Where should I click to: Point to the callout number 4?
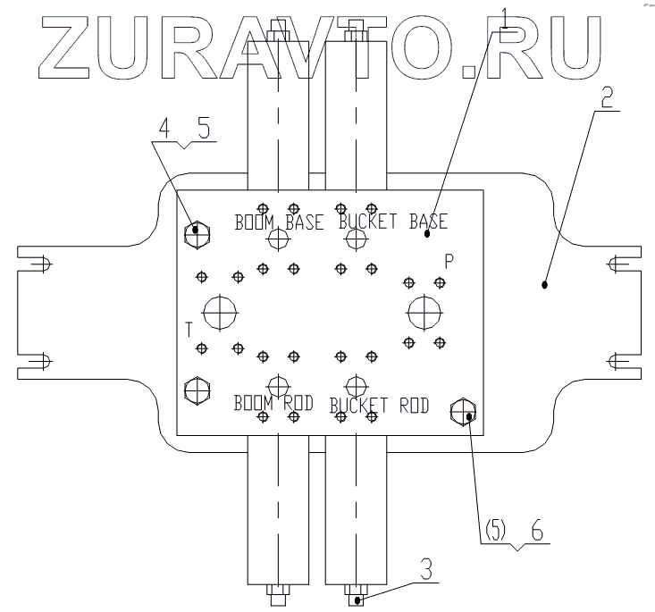[x=164, y=129]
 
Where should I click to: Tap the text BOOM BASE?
[x=280, y=222]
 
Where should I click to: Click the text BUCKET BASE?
[x=392, y=221]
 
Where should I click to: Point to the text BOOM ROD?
[x=273, y=403]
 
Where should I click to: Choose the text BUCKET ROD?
[x=380, y=406]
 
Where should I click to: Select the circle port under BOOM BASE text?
[x=279, y=239]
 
